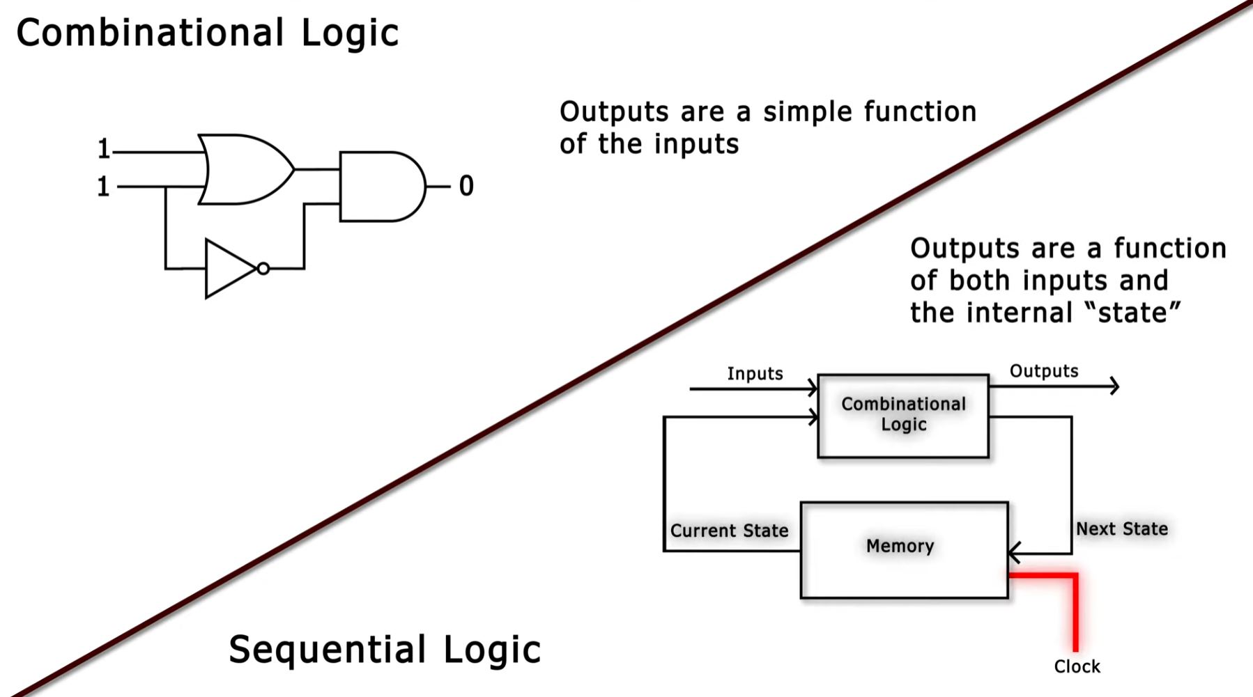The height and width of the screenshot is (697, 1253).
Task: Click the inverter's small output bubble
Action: coord(263,269)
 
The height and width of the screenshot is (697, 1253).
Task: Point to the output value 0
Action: coord(466,186)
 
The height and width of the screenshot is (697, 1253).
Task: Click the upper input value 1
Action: coord(103,149)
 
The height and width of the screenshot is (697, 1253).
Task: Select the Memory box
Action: coord(904,549)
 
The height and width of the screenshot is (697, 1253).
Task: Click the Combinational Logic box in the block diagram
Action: coord(903,416)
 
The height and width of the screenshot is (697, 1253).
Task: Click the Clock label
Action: coord(1077,666)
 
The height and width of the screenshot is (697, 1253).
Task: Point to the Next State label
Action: coord(1121,528)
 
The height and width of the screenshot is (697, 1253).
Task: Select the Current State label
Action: coord(729,531)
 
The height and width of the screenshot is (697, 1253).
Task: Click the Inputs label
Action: coord(755,373)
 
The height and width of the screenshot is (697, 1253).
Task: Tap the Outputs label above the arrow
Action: coord(1043,371)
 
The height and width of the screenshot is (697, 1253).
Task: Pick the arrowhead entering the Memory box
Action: coord(1015,554)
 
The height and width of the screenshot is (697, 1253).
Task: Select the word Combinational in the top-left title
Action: coord(150,33)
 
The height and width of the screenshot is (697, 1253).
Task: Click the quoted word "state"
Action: coord(1133,312)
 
